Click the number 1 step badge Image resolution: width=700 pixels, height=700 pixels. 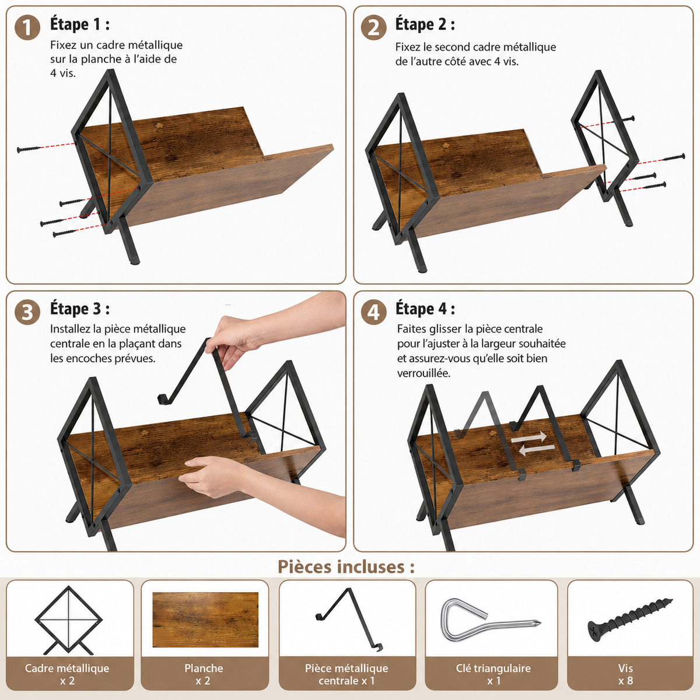click(x=27, y=27)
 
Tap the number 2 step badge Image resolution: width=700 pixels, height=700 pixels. click(x=373, y=27)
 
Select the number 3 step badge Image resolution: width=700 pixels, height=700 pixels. click(x=27, y=312)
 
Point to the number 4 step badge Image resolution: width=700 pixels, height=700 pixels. click(x=373, y=312)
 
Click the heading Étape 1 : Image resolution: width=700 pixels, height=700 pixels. click(x=80, y=24)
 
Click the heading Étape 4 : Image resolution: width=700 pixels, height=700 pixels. click(x=425, y=309)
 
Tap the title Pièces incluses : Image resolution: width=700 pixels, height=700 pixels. click(x=346, y=566)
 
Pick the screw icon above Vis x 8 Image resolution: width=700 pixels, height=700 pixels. click(x=630, y=619)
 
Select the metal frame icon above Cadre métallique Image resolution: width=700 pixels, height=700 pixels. click(x=68, y=619)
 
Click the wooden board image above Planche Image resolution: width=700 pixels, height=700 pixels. click(x=205, y=619)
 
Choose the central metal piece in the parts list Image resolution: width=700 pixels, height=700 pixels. click(x=348, y=619)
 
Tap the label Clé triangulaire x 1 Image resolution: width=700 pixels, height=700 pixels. click(x=494, y=674)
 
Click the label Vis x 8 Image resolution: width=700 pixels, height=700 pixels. click(x=625, y=674)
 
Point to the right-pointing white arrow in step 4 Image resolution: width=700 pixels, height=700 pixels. click(x=528, y=437)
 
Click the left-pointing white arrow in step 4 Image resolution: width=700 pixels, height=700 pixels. click(x=537, y=450)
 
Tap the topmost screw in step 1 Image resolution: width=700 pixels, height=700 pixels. click(x=30, y=149)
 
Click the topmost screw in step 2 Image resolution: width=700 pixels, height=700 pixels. click(x=628, y=119)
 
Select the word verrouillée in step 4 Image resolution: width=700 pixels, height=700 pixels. click(x=423, y=373)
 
